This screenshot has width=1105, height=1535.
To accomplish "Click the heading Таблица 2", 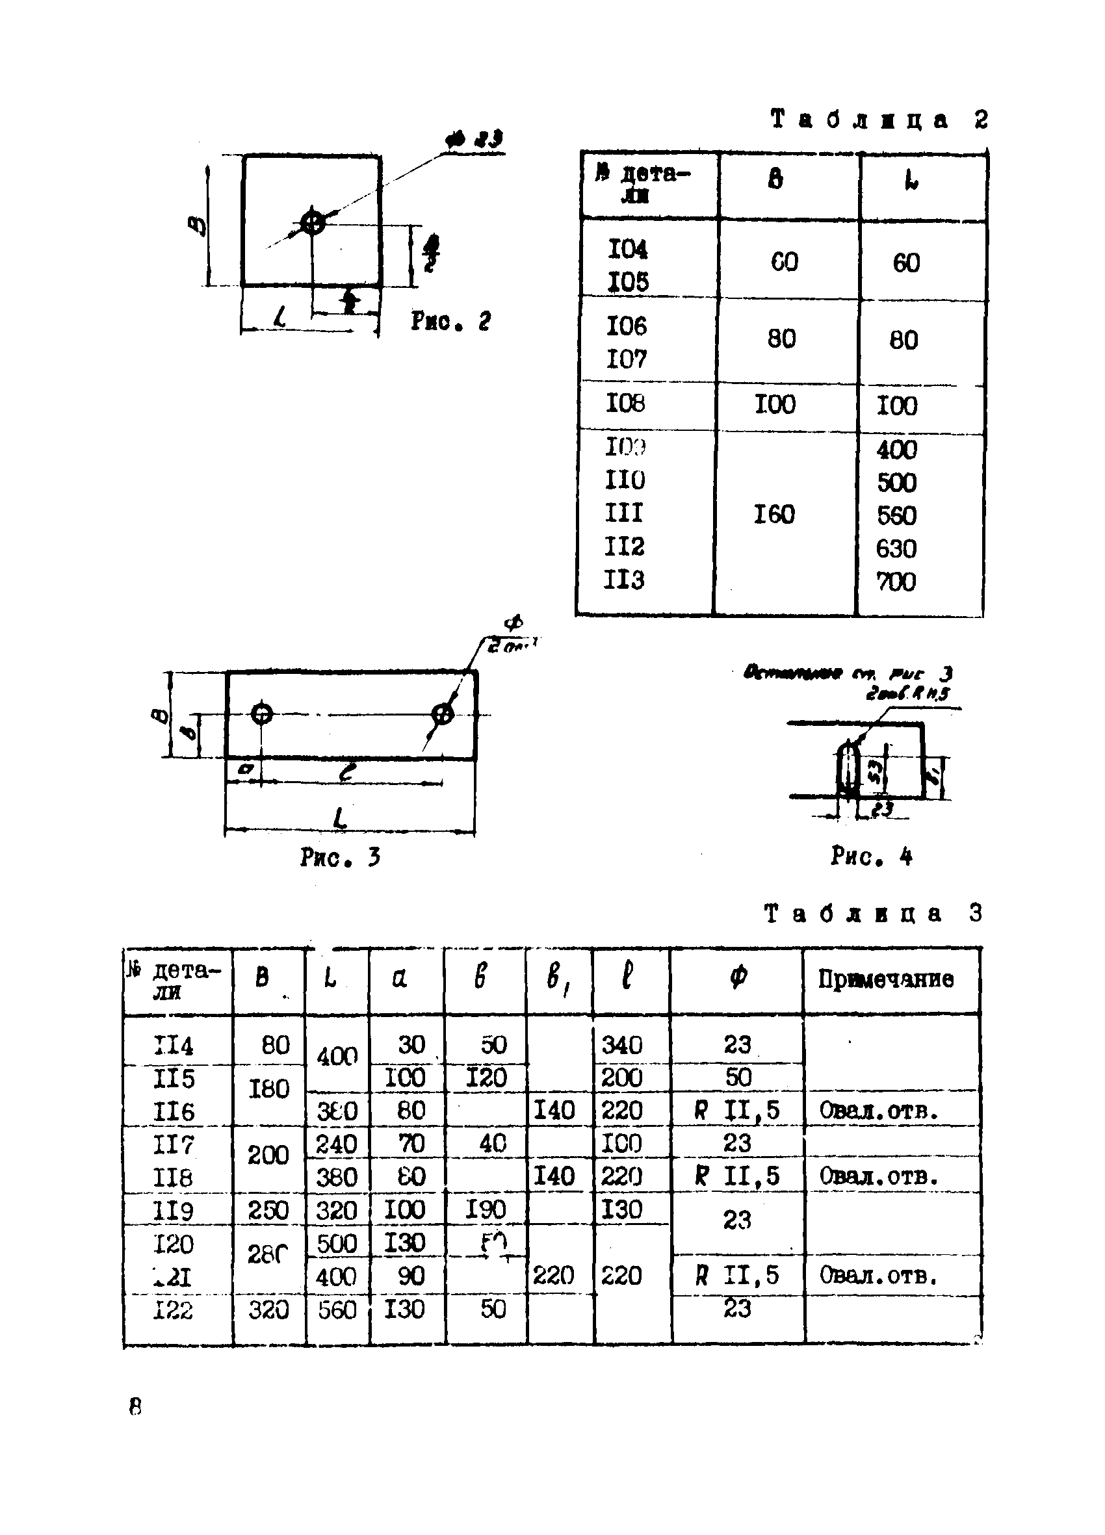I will (879, 120).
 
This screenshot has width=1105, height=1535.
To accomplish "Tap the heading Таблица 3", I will (873, 913).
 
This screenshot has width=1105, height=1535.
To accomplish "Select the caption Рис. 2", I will (450, 321).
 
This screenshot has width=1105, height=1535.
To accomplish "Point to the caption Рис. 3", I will (340, 858).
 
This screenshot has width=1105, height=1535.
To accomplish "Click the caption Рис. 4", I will (872, 857).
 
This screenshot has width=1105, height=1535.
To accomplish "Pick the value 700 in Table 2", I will (896, 582).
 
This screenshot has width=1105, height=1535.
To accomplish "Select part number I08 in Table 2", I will (625, 404).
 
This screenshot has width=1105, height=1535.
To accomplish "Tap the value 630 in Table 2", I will (896, 548).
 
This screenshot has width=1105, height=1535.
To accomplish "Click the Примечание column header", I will (885, 979).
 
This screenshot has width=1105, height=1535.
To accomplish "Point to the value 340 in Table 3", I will (621, 1045).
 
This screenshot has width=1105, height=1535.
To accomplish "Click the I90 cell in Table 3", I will (486, 1209).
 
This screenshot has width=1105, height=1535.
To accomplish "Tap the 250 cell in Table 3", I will (268, 1210).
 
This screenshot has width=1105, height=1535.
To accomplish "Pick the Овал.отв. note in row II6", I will (879, 1110).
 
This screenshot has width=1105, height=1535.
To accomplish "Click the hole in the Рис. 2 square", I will (312, 222).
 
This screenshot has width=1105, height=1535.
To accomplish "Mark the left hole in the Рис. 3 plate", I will (262, 714).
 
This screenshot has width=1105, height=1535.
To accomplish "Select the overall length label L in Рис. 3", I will (341, 818).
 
